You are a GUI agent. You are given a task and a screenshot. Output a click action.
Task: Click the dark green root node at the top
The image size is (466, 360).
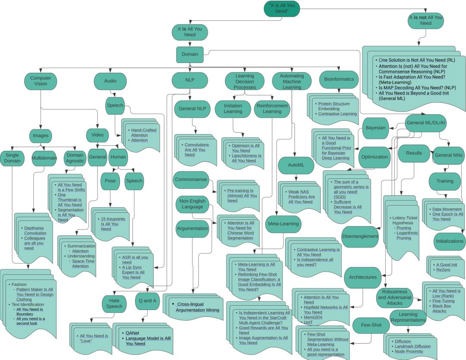pyautogui.click(x=282, y=8)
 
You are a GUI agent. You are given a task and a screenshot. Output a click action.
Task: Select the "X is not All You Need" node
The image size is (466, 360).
pyautogui.click(x=425, y=20)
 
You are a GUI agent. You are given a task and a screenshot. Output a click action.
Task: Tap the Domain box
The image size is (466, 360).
pyautogui.click(x=189, y=54)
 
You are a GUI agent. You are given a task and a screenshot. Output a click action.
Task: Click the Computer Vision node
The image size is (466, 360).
pyautogui.click(x=41, y=81)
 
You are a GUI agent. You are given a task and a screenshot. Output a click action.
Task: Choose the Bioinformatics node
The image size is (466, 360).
pyautogui.click(x=339, y=79)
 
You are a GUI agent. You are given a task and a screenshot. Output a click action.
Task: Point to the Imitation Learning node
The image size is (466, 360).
pyautogui.click(x=233, y=109)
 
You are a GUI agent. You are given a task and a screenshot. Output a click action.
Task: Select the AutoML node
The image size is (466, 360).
pyautogui.click(x=294, y=165)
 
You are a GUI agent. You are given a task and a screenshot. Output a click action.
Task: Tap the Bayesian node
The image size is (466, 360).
pyautogui.click(x=375, y=128)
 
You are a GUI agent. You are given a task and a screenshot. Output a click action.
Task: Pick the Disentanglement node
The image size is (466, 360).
pyautogui.click(x=360, y=236)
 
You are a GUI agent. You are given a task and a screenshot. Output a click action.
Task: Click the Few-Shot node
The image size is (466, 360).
pyautogui.click(x=371, y=325)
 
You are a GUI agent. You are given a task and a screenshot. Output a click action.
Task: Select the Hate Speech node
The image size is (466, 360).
pyautogui.click(x=114, y=303)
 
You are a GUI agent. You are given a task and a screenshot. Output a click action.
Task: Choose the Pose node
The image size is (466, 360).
pyautogui.click(x=110, y=181)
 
